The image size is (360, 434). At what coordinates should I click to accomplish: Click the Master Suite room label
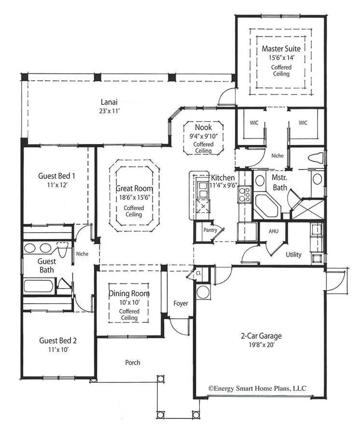pos(281,49)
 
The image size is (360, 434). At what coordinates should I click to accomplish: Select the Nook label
pos(203,128)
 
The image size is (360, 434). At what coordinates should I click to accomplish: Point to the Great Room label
pos(134,189)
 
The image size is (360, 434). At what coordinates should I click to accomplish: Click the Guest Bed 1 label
pos(56,176)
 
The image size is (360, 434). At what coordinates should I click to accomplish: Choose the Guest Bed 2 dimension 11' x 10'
pos(58,350)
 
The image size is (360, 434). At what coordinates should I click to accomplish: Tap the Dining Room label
pos(128,293)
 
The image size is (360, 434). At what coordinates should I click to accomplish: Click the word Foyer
pos(180,303)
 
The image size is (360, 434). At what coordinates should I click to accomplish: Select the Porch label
pos(133,362)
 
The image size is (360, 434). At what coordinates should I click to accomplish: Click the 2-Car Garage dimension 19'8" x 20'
pos(261,345)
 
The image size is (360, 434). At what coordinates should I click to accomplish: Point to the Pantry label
pos(209,230)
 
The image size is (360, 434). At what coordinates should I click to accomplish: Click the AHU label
pos(274,231)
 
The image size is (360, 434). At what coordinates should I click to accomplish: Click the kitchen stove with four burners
pos(245,194)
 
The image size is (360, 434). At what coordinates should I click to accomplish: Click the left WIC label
pos(254,123)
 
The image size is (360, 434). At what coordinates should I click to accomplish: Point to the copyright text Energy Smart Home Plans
pos(257,388)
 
